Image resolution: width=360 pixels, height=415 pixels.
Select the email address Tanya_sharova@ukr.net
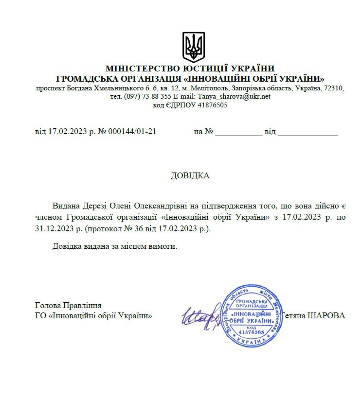(234, 96)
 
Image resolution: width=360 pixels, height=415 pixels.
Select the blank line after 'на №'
(238, 132)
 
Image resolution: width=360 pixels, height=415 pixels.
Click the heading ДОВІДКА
(190, 175)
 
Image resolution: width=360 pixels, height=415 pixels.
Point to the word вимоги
(162, 246)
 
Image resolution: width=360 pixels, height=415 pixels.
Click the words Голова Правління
(68, 305)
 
